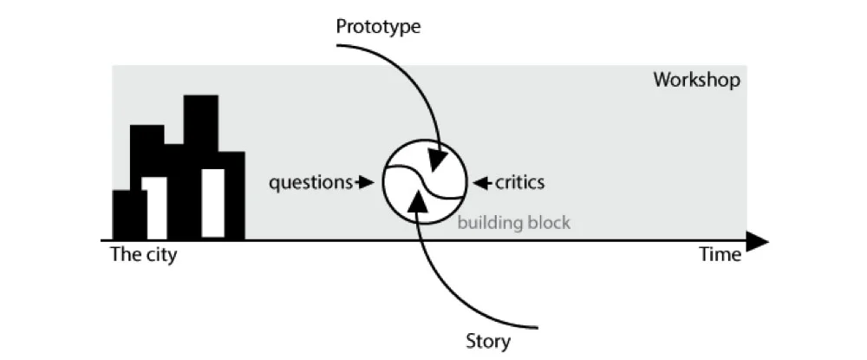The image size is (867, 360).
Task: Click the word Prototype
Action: [378, 26]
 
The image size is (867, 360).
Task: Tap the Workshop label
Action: [696, 80]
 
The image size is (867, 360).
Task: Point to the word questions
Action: [309, 182]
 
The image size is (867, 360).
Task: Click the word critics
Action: [519, 182]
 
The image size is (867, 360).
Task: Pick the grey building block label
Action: [514, 223]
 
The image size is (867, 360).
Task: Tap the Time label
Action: [720, 254]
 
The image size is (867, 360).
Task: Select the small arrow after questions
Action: [365, 182]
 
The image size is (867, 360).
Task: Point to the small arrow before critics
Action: [480, 182]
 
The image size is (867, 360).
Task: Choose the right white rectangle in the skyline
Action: [212, 203]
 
